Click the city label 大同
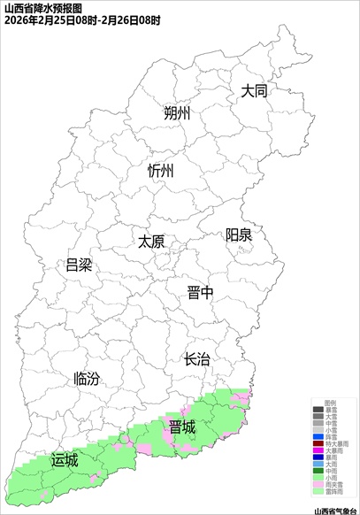[x=254, y=91]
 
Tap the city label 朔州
[x=177, y=114]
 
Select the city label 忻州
[x=161, y=171]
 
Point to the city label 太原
[x=151, y=241]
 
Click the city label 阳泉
[x=238, y=234]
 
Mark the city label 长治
[x=196, y=359]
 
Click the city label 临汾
[x=86, y=379]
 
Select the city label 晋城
[x=182, y=427]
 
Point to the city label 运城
[x=65, y=460]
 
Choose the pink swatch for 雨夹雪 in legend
[x=318, y=484]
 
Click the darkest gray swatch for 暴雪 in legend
[x=318, y=410]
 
